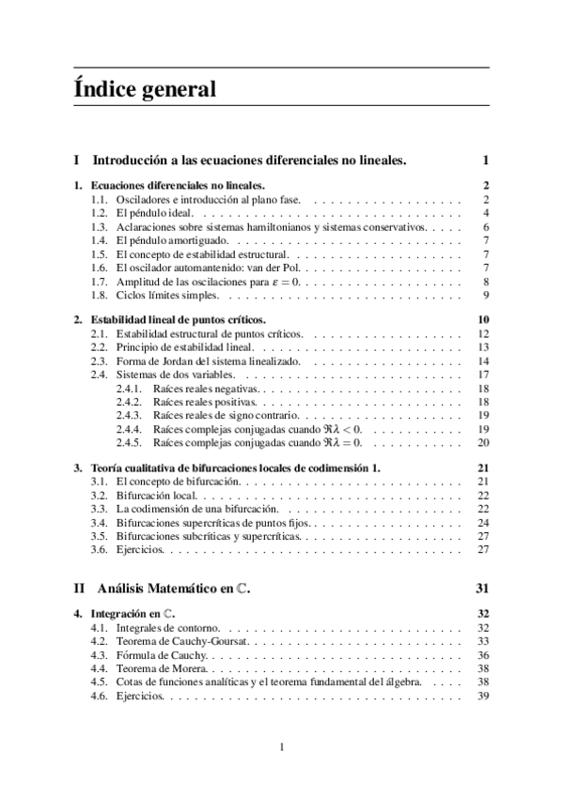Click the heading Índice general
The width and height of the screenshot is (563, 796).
(145, 90)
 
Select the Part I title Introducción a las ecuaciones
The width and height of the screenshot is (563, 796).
(251, 161)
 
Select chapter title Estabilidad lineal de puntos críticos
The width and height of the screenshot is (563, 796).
(178, 320)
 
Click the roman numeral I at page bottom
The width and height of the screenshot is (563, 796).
(282, 747)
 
